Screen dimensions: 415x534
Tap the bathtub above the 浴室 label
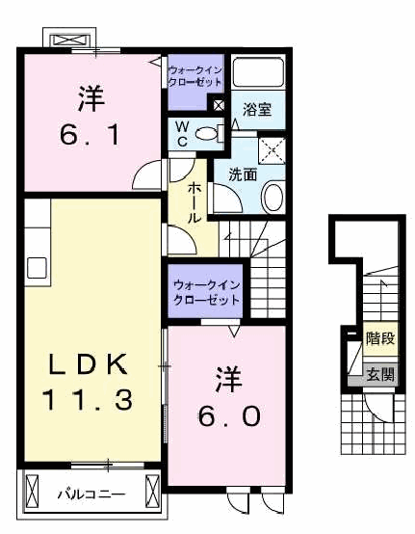[x=258, y=72]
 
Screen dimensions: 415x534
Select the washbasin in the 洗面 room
[x=273, y=197]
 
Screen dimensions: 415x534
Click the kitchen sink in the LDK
[x=37, y=268]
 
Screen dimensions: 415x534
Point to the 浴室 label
[x=257, y=110]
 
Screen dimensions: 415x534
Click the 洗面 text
[x=243, y=174]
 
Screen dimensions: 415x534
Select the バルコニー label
[x=91, y=494]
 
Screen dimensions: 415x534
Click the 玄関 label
[x=380, y=375]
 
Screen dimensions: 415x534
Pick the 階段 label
[x=380, y=338]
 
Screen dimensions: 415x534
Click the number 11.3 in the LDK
[x=87, y=400]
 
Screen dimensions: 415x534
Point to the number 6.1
[x=91, y=135]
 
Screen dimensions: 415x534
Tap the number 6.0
[x=230, y=416]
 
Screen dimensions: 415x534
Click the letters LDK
[x=89, y=364]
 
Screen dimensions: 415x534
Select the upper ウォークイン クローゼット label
[x=195, y=76]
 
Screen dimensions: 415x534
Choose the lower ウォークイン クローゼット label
[x=207, y=292]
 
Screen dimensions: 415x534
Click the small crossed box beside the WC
[x=219, y=105]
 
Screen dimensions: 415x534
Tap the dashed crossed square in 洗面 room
[x=272, y=151]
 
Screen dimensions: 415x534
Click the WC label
[x=182, y=133]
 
